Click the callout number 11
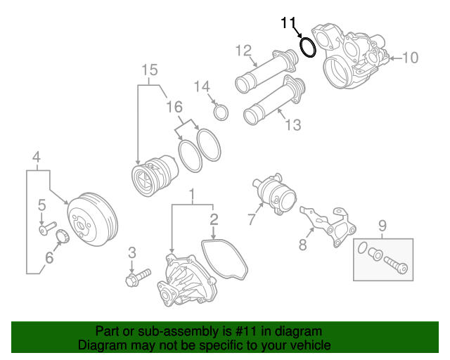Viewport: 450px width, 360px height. [x=289, y=22]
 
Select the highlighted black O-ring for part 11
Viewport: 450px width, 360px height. [x=308, y=47]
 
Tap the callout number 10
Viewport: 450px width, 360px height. [x=409, y=58]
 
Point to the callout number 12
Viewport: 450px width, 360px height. [x=243, y=51]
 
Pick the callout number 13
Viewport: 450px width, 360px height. [x=292, y=125]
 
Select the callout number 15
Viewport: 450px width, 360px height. [x=149, y=70]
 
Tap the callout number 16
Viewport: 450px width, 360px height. [x=174, y=107]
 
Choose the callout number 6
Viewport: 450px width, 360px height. [x=49, y=258]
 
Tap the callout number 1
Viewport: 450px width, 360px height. [x=190, y=193]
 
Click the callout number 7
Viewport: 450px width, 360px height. [x=252, y=219]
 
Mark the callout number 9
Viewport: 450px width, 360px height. [x=382, y=226]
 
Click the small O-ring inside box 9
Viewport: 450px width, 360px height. [x=361, y=249]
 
